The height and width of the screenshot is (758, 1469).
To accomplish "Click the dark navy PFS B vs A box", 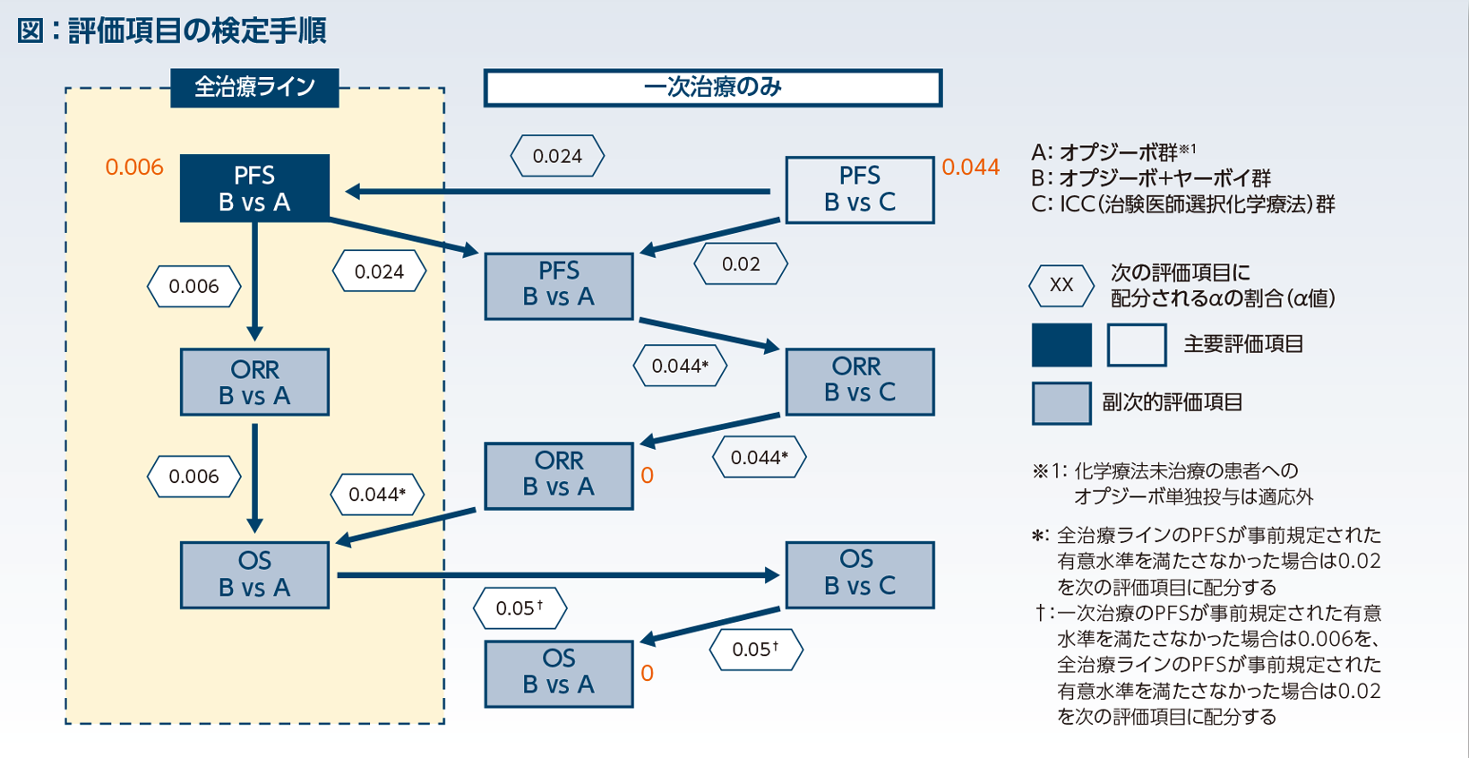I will click(254, 188).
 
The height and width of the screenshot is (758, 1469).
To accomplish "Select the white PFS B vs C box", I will click(859, 189).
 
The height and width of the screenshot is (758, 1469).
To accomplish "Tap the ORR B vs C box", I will click(859, 381).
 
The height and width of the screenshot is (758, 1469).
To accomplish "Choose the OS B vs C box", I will click(859, 574).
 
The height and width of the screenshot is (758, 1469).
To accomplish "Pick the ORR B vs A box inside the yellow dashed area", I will click(254, 382).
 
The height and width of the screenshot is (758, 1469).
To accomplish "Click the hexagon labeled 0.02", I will click(741, 264).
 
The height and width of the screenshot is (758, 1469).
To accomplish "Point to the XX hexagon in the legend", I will click(1061, 286).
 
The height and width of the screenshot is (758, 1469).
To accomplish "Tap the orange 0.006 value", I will click(134, 168).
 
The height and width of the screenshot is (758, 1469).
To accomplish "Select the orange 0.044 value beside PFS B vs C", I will click(970, 168).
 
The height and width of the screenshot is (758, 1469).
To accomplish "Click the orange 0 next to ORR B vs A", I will click(647, 476).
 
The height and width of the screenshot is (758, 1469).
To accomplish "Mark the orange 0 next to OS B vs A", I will click(647, 674).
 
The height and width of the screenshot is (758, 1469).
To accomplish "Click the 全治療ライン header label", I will click(254, 88).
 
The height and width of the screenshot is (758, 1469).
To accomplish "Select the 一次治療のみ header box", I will click(712, 88).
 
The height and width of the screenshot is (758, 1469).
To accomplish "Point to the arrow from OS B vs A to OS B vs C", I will click(555, 575).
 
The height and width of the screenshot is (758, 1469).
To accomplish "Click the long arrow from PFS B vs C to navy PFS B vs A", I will click(555, 191).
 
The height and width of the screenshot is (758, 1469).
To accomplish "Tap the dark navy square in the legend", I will click(1061, 345).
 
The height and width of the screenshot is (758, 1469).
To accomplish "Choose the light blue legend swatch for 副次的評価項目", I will click(1061, 403).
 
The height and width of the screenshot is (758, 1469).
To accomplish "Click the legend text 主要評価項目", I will click(1242, 345).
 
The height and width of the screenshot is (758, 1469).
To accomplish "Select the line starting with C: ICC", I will click(1182, 204).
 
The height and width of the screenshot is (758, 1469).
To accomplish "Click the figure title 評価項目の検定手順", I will click(196, 31).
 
